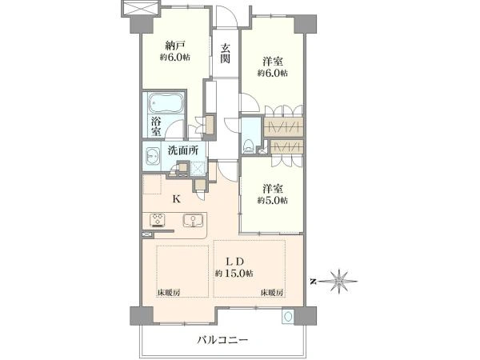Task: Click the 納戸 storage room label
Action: (174, 46)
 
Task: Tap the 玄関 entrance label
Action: (226, 54)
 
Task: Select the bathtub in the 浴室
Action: (166, 103)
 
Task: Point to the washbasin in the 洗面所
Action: (152, 156)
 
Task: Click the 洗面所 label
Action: (182, 150)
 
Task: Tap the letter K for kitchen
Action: (176, 199)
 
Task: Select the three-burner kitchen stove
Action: (158, 220)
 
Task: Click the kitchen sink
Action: (193, 221)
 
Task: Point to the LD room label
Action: (234, 262)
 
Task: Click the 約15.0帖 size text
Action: (234, 274)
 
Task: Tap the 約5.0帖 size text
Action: (273, 201)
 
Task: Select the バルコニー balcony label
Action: (222, 340)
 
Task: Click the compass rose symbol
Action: (339, 281)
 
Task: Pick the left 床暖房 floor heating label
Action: (169, 292)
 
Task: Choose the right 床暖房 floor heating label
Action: (272, 292)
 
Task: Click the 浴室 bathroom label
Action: (156, 126)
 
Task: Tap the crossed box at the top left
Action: (141, 8)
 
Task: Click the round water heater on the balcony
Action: (288, 317)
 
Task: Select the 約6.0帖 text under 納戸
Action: (174, 58)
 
